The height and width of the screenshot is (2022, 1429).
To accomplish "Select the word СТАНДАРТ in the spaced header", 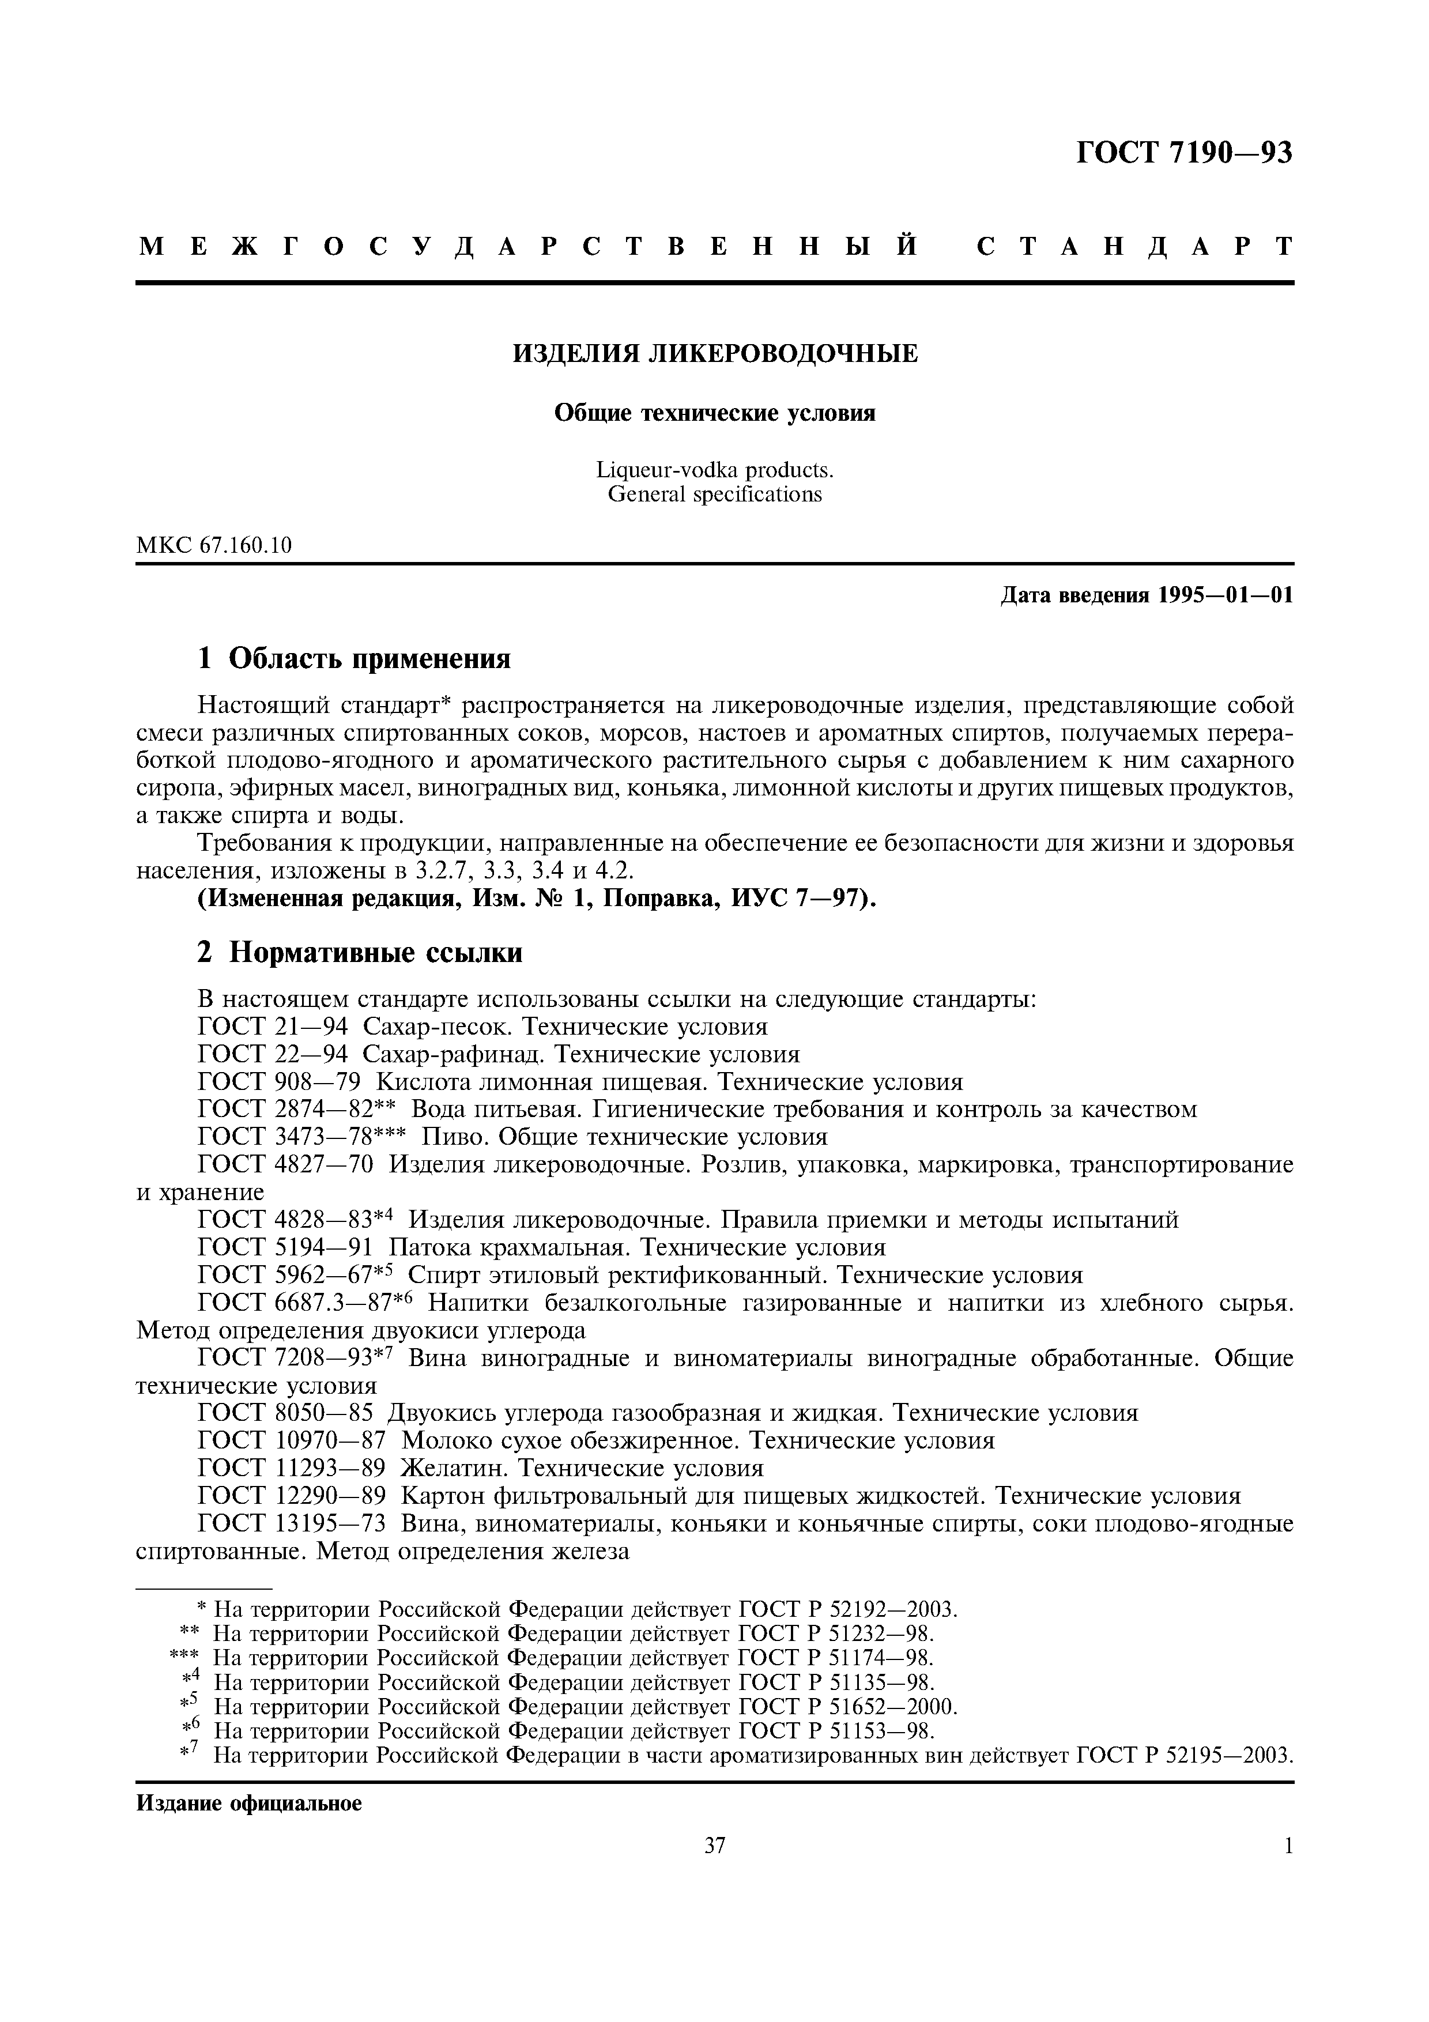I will (1135, 247).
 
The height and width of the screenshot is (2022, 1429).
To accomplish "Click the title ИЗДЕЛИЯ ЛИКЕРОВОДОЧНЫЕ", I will (715, 354).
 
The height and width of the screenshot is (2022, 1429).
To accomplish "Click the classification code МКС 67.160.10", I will (214, 545).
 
